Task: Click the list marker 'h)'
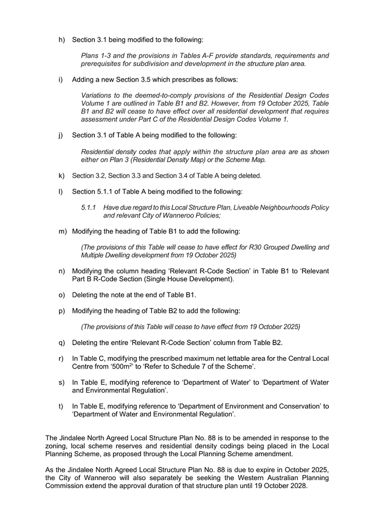(61, 39)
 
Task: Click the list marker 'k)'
(61, 176)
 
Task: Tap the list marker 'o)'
(61, 295)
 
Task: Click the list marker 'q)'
(61, 343)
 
